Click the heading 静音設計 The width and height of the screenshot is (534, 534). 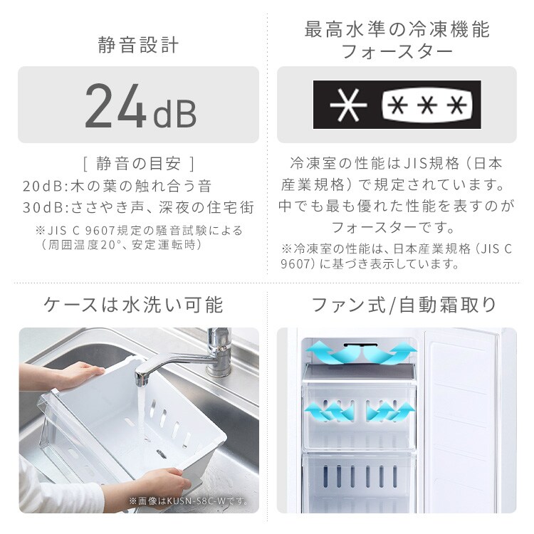click(x=138, y=46)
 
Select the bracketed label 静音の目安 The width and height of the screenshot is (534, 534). click(x=138, y=163)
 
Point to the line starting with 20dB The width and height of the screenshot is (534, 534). click(x=117, y=187)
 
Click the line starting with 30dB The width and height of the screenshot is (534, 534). click(x=138, y=209)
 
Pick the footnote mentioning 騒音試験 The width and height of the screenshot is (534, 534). click(x=138, y=231)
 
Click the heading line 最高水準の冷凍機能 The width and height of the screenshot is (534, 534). click(x=397, y=30)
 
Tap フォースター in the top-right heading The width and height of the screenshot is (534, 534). click(x=397, y=53)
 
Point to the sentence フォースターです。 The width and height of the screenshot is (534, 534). click(x=397, y=228)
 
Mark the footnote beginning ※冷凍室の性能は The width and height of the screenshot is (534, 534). click(x=397, y=256)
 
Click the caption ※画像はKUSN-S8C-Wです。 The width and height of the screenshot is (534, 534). click(x=189, y=501)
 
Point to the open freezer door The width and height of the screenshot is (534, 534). click(x=466, y=420)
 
